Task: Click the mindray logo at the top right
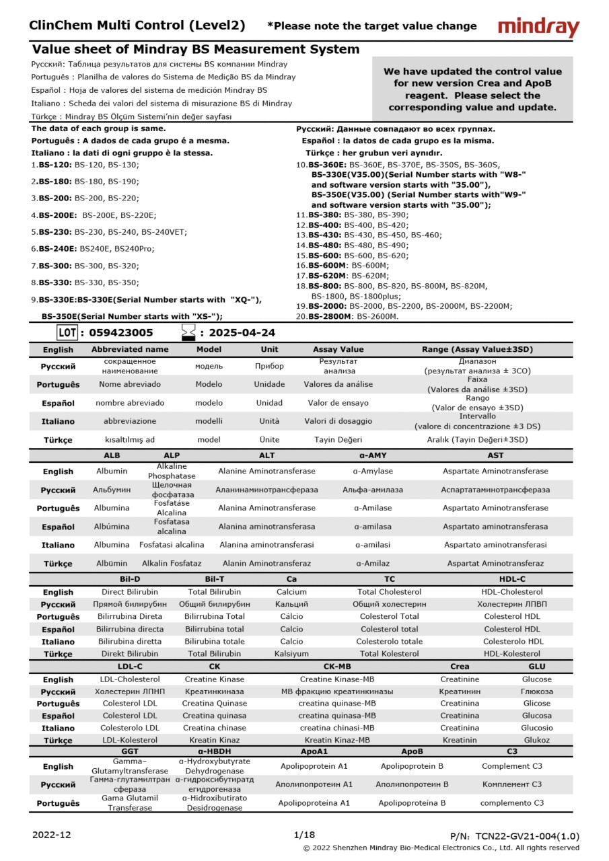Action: (538, 28)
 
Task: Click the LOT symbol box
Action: (67, 332)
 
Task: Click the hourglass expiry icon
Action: (188, 332)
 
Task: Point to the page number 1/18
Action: (304, 835)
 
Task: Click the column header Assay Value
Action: (338, 350)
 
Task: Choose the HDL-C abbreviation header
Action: (512, 579)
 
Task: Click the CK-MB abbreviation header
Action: (337, 667)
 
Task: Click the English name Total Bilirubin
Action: (215, 592)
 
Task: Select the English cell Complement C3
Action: (511, 766)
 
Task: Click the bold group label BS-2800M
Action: (330, 316)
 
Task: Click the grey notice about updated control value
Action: (472, 89)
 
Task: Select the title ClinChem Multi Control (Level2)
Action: (137, 26)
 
